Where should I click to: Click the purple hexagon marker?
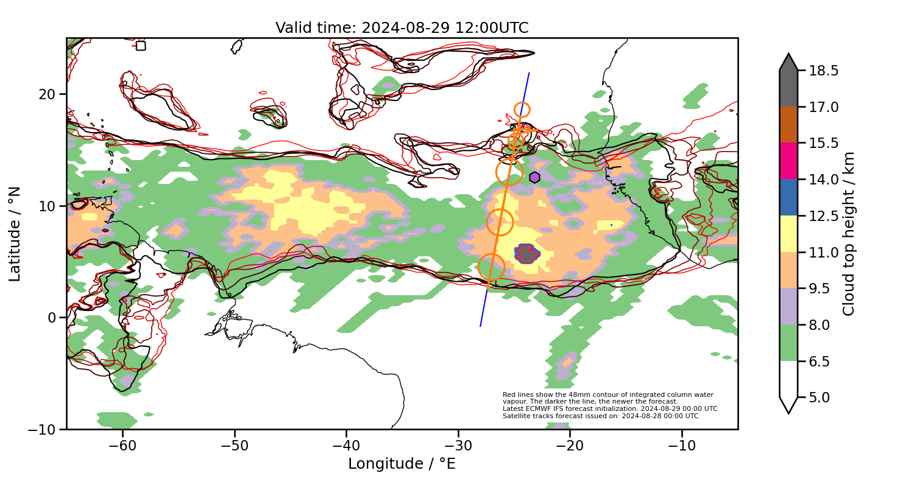coord(534,177)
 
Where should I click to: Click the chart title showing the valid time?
coord(402,28)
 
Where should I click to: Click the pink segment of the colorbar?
coord(788,161)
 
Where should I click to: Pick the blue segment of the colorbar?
coord(788,197)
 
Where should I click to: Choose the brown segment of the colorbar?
coord(788,125)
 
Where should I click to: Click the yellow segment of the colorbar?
coord(788,234)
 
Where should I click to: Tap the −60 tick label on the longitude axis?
coord(122,446)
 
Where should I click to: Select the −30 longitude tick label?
coord(458,446)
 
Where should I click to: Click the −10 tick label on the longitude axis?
coord(682,446)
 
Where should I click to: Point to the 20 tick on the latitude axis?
coord(48,94)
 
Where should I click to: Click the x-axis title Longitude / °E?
coord(402,464)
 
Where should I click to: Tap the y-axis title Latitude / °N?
coord(15,234)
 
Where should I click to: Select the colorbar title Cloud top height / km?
coord(849,234)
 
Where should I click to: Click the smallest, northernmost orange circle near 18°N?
coord(522,110)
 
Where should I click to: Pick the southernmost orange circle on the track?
coord(491,267)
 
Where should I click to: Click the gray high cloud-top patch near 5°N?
coord(526,253)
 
